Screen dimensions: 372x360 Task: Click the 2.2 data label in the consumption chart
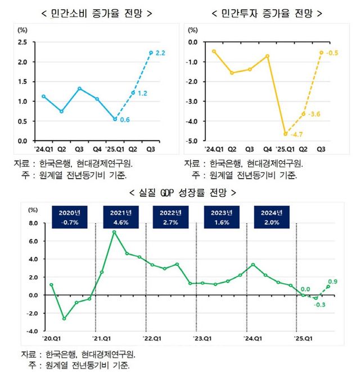pos(160,53)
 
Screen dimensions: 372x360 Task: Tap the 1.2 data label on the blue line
pos(142,93)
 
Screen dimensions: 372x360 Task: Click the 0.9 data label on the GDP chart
pos(332,281)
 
